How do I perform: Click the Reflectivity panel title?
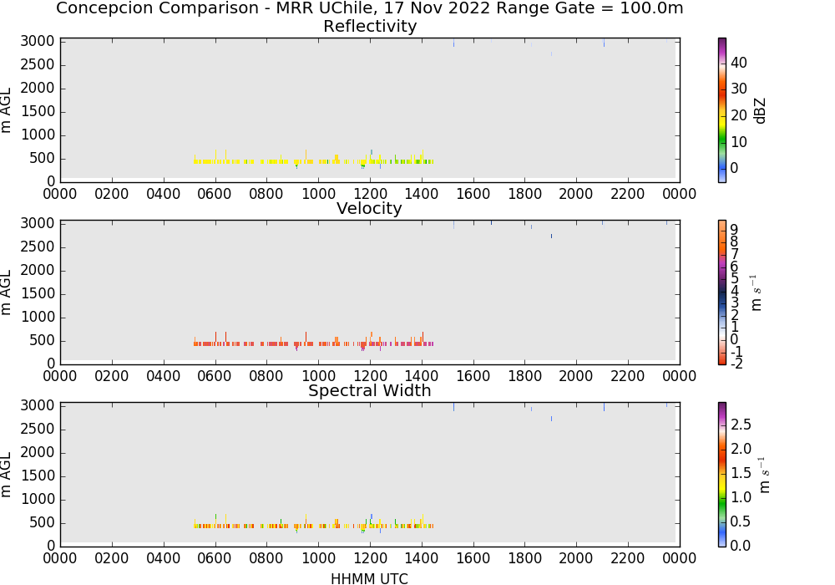[x=370, y=26]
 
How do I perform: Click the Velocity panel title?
[x=369, y=208]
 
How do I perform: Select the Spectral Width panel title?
[x=370, y=390]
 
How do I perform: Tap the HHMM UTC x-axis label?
[x=369, y=578]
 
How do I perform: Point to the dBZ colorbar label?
[x=760, y=111]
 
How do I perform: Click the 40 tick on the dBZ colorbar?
[x=739, y=63]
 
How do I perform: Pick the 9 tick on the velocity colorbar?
[x=734, y=230]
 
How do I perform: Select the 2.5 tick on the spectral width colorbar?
[x=741, y=424]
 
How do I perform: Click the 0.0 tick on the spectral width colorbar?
[x=741, y=545]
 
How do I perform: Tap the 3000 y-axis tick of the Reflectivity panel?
[x=38, y=41]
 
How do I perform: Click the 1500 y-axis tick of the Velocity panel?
[x=38, y=293]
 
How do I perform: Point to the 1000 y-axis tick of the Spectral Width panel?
[x=38, y=499]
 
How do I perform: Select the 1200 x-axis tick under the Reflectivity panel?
[x=370, y=193]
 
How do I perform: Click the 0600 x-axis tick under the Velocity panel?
[x=215, y=375]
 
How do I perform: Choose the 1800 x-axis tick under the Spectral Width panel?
[x=524, y=557]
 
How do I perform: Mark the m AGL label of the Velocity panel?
[x=6, y=292]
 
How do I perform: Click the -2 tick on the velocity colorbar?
[x=736, y=364]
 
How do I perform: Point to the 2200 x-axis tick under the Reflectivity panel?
[x=628, y=193]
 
